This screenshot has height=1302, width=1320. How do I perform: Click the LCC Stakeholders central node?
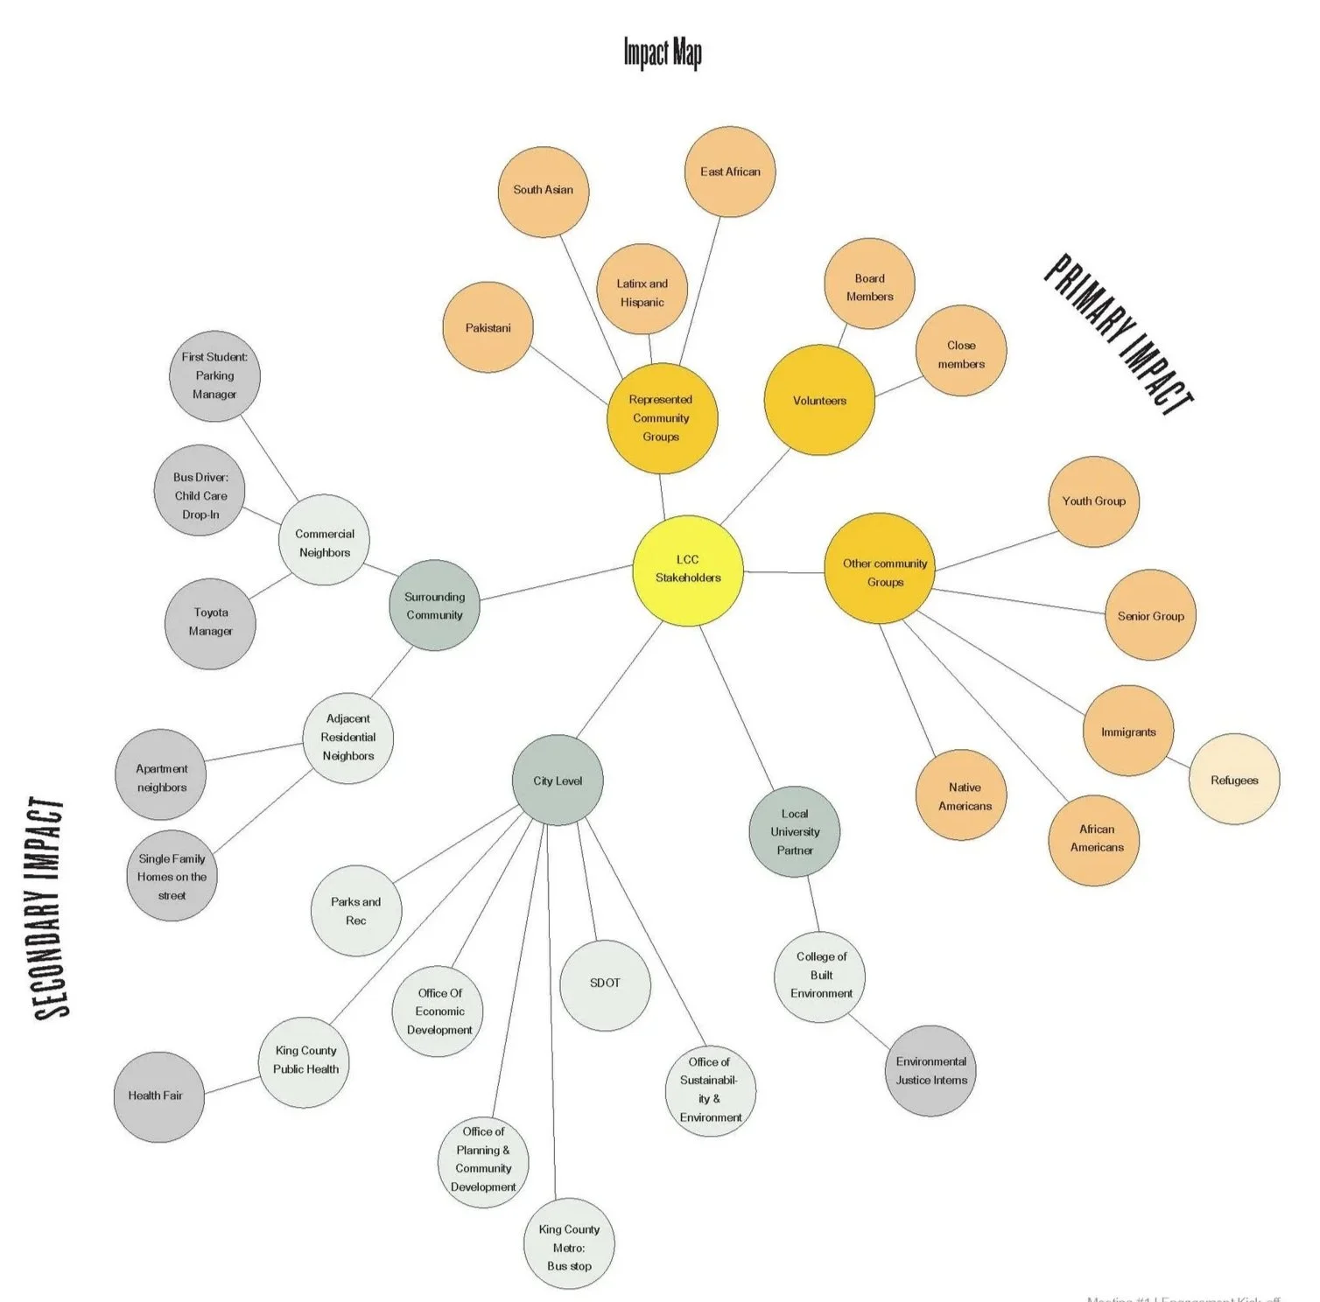click(x=688, y=570)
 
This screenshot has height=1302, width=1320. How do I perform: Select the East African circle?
click(x=730, y=171)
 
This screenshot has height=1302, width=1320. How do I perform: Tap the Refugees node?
click(x=1234, y=780)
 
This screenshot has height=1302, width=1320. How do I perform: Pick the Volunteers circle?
click(x=819, y=401)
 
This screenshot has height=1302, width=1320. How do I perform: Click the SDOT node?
click(x=605, y=984)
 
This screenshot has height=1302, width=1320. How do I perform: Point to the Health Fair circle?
click(x=158, y=1096)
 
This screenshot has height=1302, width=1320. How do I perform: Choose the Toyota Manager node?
click(x=210, y=623)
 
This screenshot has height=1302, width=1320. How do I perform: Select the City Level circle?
click(x=558, y=780)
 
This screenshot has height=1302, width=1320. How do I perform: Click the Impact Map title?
click(x=663, y=52)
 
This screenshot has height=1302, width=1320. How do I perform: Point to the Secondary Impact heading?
click(x=50, y=907)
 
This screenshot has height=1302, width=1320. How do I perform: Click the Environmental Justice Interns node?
click(x=930, y=1071)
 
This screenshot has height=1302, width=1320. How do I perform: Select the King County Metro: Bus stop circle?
click(x=569, y=1243)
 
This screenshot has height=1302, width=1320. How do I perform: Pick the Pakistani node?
click(x=488, y=328)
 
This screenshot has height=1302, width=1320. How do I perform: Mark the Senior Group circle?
click(x=1150, y=616)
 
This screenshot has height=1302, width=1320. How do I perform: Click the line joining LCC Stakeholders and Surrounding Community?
click(x=556, y=583)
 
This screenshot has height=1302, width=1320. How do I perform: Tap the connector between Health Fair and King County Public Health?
click(x=232, y=1085)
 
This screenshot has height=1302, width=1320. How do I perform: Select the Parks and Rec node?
click(x=356, y=911)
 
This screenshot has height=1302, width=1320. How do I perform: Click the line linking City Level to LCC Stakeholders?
click(x=620, y=681)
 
